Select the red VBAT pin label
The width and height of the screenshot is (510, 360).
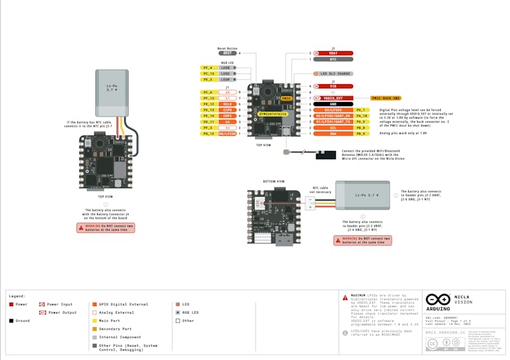pyautogui.click(x=334, y=52)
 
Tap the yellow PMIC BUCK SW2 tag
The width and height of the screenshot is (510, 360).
pyautogui.click(x=387, y=99)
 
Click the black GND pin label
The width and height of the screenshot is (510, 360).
pyautogui.click(x=334, y=104)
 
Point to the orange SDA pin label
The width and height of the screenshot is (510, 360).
pyautogui.click(x=334, y=134)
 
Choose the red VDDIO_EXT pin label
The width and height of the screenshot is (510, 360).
pyautogui.click(x=334, y=99)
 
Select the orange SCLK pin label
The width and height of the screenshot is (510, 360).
pyautogui.click(x=227, y=104)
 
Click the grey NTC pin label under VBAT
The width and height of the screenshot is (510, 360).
pyautogui.click(x=334, y=59)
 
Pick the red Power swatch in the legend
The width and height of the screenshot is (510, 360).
pyautogui.click(x=11, y=303)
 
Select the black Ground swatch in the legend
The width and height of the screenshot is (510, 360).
pyautogui.click(x=11, y=321)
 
